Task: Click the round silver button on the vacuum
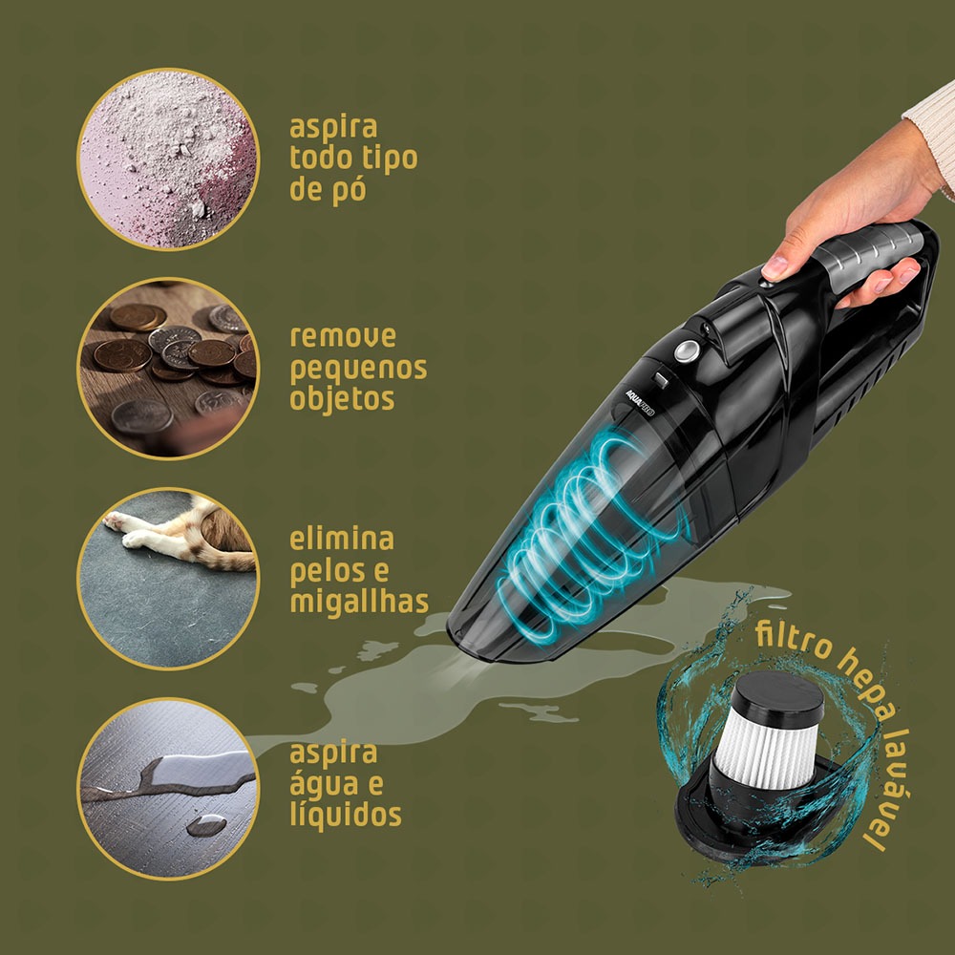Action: [x=687, y=351]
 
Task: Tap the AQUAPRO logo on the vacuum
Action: [x=640, y=403]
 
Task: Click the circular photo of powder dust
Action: [x=168, y=159]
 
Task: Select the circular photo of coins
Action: [x=168, y=369]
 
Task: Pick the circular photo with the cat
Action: [x=168, y=579]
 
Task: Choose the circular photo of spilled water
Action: [x=168, y=789]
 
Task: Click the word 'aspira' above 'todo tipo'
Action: [x=333, y=129]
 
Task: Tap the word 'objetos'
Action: [x=342, y=400]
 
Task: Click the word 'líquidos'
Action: [x=346, y=814]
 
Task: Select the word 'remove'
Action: [x=342, y=337]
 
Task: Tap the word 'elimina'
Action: [x=342, y=539]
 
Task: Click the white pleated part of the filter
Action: [x=766, y=751]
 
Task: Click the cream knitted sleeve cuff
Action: [x=933, y=137]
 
